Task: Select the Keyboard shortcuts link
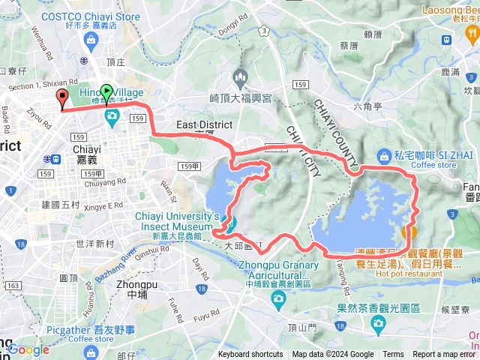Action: [250, 355]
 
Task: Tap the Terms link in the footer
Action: [393, 355]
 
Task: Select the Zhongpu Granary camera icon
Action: [278, 301]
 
